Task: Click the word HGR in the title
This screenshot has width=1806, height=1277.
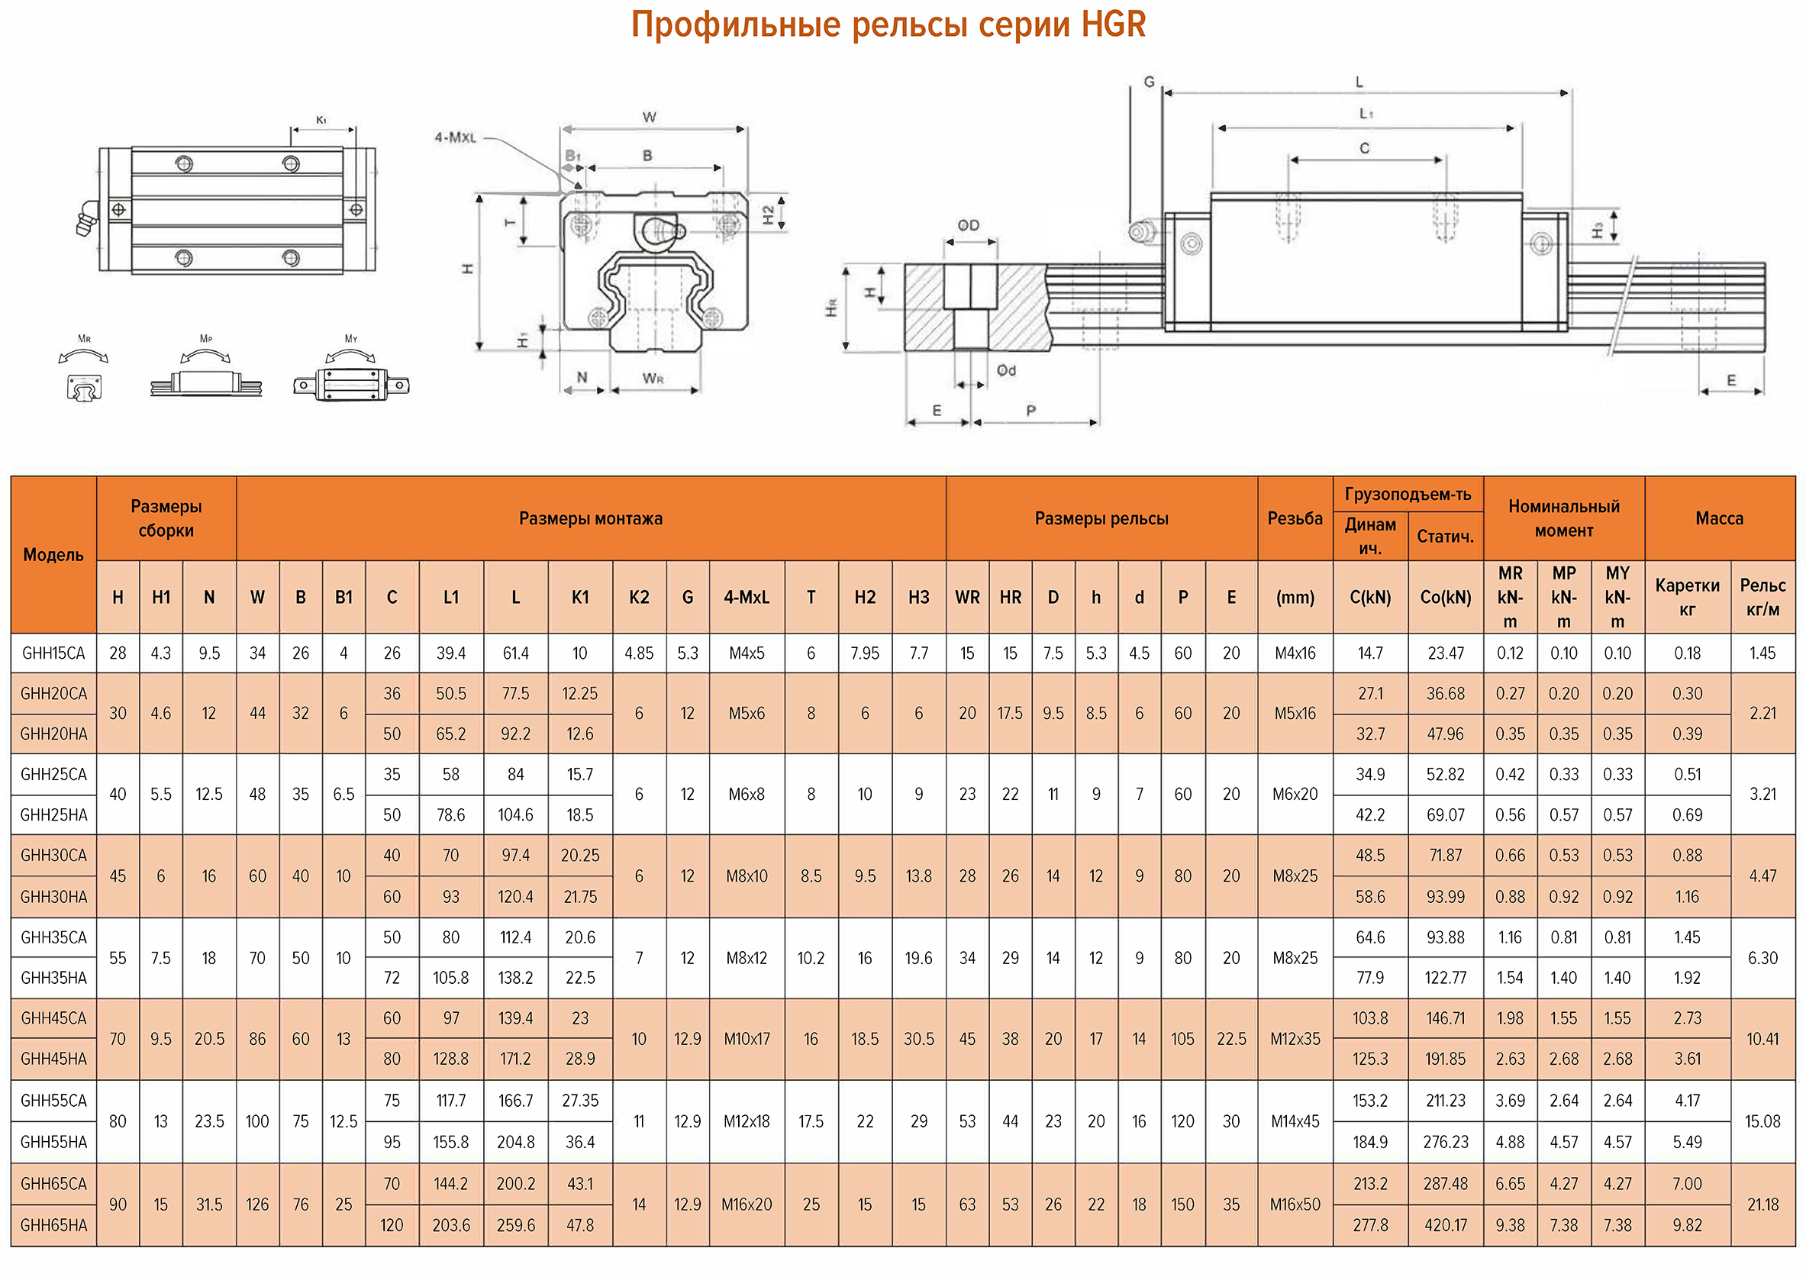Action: (1113, 25)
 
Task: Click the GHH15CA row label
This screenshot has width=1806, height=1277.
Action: (53, 653)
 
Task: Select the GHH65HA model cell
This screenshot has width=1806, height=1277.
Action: (53, 1225)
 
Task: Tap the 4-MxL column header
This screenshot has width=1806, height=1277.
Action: (747, 598)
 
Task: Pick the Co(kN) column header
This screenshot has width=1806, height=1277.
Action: (1445, 598)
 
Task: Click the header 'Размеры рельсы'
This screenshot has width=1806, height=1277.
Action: (1101, 519)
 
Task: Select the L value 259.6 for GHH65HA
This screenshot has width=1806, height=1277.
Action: (515, 1225)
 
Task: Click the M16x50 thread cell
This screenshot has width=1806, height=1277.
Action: (1295, 1204)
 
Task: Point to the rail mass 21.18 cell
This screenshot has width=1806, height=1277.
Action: (1762, 1204)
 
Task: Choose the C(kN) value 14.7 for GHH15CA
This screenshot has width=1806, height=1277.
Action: (1369, 653)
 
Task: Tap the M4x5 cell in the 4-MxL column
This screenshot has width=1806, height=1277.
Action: (747, 653)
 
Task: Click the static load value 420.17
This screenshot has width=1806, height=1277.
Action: (1445, 1225)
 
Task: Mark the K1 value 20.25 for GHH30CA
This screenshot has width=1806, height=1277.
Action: (579, 856)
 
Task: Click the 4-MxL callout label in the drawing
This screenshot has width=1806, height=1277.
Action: (456, 137)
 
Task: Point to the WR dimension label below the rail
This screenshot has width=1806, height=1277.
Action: (653, 379)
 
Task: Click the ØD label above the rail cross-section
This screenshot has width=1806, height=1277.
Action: (969, 226)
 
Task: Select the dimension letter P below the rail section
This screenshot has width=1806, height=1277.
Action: (1030, 411)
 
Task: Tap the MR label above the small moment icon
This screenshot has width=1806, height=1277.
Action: (84, 339)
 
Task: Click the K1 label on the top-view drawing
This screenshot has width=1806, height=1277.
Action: (321, 121)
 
